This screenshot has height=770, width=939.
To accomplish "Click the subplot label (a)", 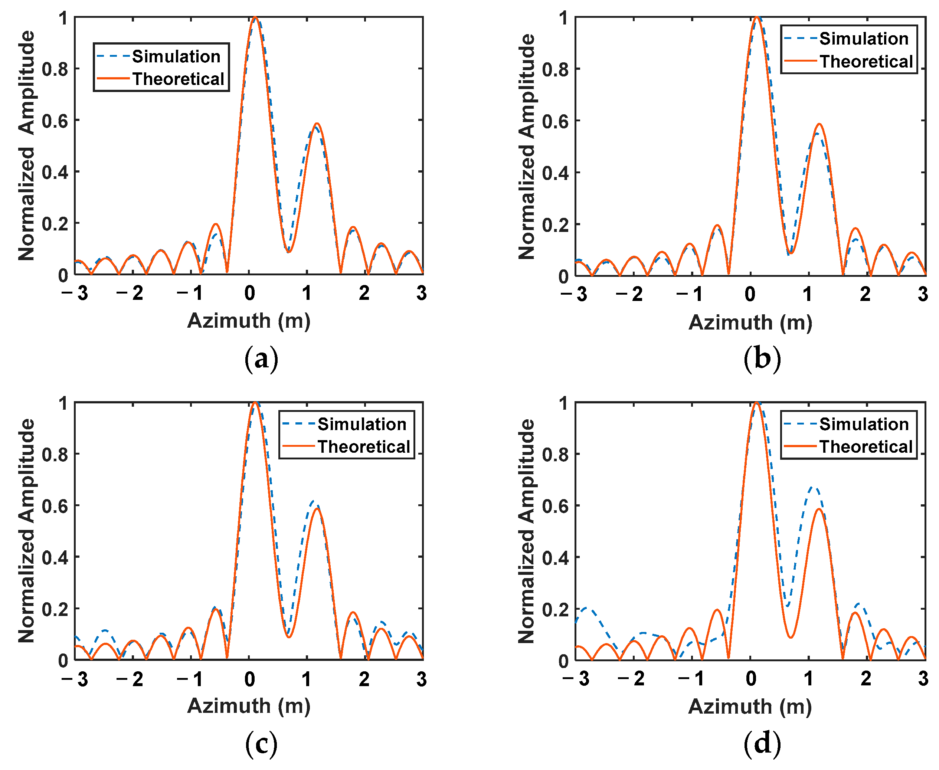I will (x=261, y=358).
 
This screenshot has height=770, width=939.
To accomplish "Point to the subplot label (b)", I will (x=762, y=358).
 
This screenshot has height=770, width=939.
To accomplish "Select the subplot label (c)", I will (x=261, y=744).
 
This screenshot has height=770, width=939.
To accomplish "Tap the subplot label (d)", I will (x=762, y=744).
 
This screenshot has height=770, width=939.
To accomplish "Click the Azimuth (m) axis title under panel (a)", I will (x=249, y=320).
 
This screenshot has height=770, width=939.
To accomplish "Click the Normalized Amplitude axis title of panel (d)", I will (x=527, y=531).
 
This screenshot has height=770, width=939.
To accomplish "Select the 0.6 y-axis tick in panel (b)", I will (x=555, y=121).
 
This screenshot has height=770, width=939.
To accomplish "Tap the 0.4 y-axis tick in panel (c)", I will (x=55, y=557).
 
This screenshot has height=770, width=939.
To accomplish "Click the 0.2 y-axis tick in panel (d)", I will (x=555, y=609).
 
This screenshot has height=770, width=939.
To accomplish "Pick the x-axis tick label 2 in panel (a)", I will (x=364, y=293).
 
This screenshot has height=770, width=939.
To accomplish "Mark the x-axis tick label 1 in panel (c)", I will (x=307, y=679).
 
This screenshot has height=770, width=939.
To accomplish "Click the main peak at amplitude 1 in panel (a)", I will (x=255, y=18).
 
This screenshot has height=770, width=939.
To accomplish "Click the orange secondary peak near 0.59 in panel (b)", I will (x=819, y=124).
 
